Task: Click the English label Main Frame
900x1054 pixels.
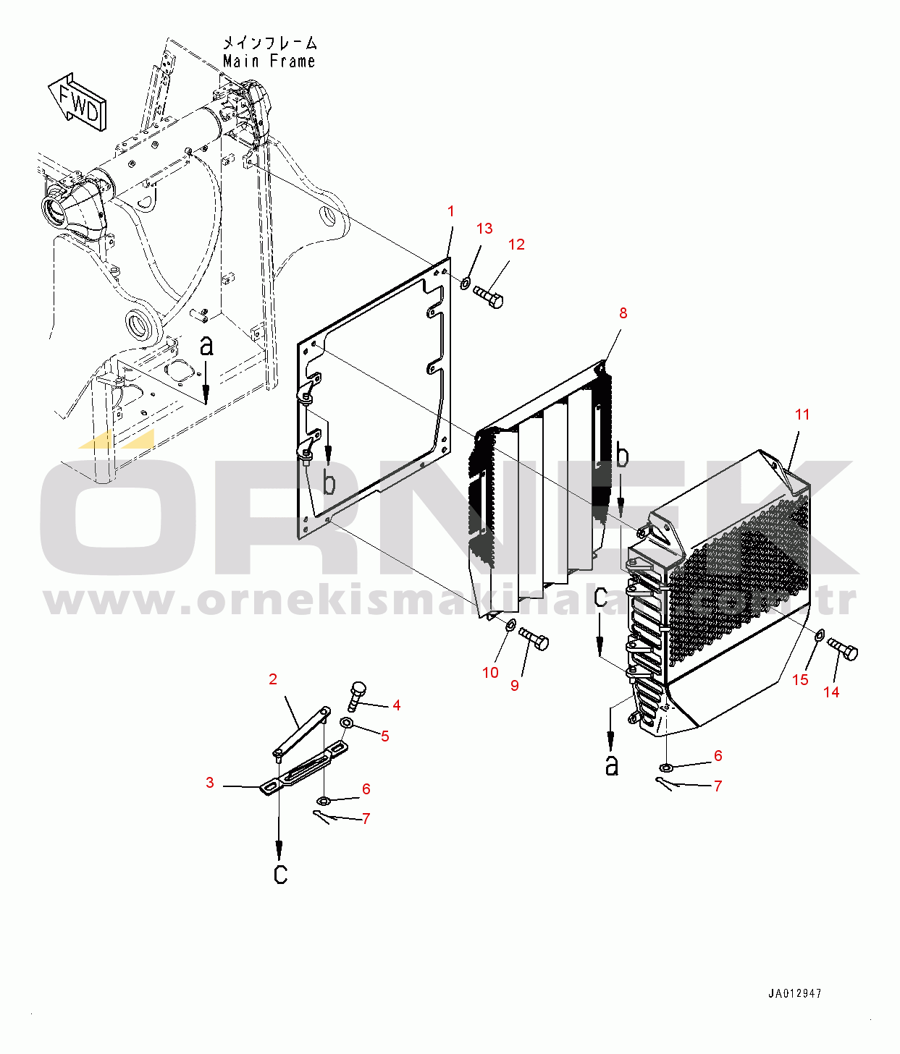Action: coord(269,61)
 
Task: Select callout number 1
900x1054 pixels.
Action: coord(451,211)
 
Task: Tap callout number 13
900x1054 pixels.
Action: coord(484,229)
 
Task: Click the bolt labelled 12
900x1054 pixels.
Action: coord(489,297)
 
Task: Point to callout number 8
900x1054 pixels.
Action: coord(623,313)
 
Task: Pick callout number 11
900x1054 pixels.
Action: coord(802,415)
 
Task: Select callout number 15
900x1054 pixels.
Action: coord(800,679)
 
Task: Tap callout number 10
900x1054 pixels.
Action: coord(490,673)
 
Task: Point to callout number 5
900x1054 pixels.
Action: coord(385,736)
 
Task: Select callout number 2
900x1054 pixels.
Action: coord(273,679)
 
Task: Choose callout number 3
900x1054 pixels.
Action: coord(210,783)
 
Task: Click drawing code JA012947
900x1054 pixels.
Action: coord(795,994)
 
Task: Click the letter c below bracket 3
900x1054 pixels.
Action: coord(280,874)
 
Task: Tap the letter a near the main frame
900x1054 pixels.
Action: coord(207,346)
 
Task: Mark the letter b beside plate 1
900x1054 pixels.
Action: coord(329,483)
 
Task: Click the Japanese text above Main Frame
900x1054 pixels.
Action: coord(269,43)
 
